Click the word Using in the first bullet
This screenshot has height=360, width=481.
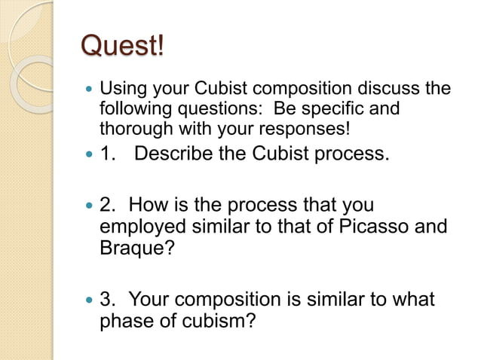point(121,90)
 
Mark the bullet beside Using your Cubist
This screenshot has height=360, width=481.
point(90,90)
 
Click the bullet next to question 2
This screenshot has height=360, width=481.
point(90,206)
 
